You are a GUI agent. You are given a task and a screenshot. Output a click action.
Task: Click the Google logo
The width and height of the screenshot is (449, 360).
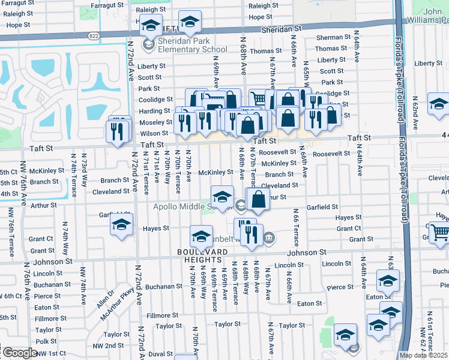coord(19,353)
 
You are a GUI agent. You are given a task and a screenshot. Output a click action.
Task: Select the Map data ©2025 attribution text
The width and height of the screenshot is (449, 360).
coord(423,355)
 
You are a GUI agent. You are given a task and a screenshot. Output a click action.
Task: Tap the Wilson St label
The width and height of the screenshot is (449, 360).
coord(154,133)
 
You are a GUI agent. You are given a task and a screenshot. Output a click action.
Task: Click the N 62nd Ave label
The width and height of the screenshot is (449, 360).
coord(414,118)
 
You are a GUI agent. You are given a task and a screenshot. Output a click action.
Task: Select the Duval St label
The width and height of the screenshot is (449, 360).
coord(160,354)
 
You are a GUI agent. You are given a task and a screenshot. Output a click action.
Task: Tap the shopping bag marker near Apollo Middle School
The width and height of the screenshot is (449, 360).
coord(258,200)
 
